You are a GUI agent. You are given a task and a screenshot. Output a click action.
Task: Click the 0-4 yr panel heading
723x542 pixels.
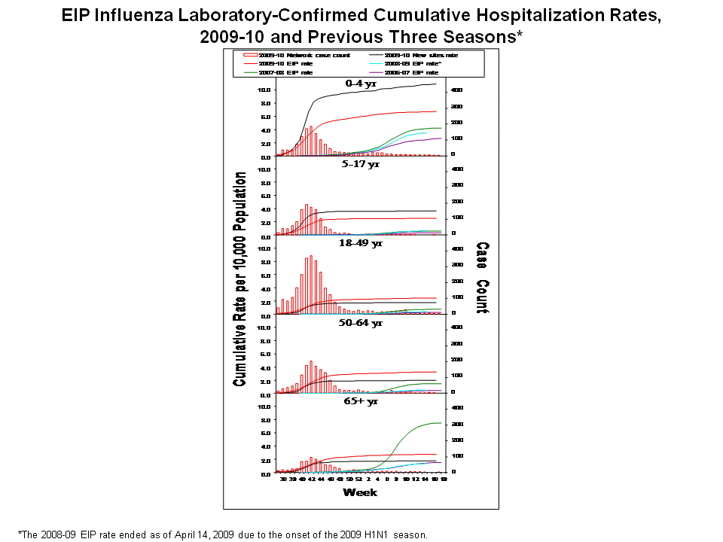tap(361, 84)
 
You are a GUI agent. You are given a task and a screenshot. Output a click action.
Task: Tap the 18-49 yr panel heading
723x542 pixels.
tap(361, 243)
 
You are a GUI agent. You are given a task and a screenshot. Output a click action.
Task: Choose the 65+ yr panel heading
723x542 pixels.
tap(361, 401)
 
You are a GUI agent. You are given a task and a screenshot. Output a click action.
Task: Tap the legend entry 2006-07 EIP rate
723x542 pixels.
tap(411, 72)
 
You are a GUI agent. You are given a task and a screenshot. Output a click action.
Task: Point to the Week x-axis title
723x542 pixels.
tap(360, 492)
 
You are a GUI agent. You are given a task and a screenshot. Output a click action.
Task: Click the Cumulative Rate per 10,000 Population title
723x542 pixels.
tap(239, 279)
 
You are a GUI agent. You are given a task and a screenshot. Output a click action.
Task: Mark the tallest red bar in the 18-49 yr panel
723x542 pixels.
tap(311, 285)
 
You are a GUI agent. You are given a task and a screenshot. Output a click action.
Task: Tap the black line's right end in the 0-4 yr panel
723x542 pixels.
tap(435, 84)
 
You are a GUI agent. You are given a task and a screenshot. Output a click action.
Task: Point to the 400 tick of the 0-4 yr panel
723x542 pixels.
tap(456, 90)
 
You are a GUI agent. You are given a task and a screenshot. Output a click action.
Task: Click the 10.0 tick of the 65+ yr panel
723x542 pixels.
tap(264, 406)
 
